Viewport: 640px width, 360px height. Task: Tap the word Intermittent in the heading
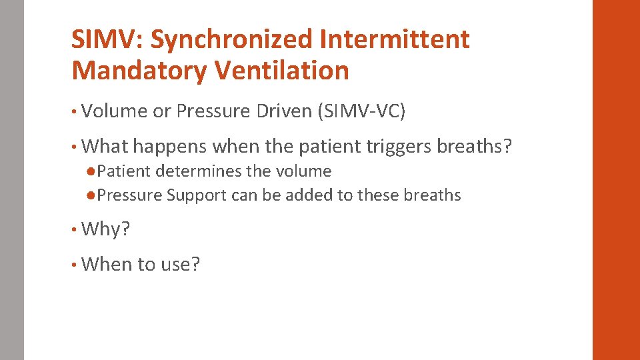pos(395,40)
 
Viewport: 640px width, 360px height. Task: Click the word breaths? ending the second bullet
pos(474,146)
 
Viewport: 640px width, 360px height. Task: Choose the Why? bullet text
pos(105,229)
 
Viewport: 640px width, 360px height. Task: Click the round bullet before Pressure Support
pos(91,195)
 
